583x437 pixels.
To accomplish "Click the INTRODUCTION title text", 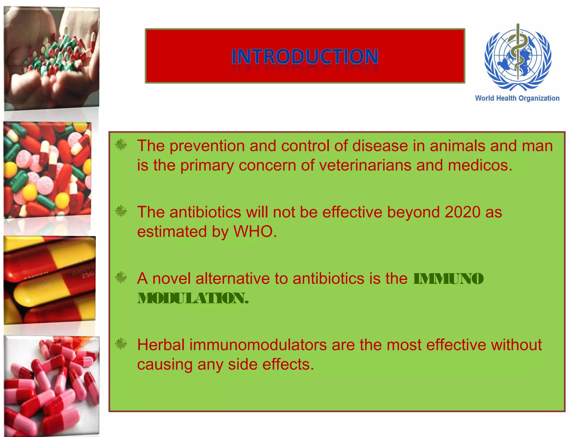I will (x=305, y=56).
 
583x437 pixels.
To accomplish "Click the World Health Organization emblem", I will (x=518, y=57).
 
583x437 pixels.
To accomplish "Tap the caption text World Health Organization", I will (x=517, y=98).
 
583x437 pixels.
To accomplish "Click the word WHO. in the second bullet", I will (x=255, y=232).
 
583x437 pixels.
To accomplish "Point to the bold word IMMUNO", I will (x=448, y=279).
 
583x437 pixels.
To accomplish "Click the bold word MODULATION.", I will (x=193, y=298).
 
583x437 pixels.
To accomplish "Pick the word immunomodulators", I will (x=258, y=345).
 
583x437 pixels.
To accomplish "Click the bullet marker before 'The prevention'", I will (x=121, y=145).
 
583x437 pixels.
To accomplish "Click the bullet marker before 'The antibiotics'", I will (x=121, y=211).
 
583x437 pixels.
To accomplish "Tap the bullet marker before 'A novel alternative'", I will (x=121, y=278).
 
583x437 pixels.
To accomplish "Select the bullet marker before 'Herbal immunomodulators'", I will (x=121, y=344).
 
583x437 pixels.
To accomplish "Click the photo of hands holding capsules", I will (x=52, y=58).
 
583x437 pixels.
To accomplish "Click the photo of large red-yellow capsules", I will (x=50, y=280).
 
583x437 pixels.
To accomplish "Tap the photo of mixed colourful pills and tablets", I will (x=48, y=170).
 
